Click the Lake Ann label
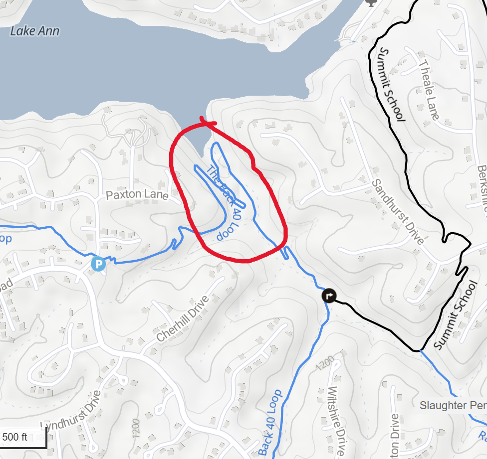pyautogui.click(x=34, y=31)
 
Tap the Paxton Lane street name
pyautogui.click(x=137, y=195)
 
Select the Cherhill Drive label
pyautogui.click(x=182, y=319)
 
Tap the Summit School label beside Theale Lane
pyautogui.click(x=392, y=84)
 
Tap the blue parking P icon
pyautogui.click(x=98, y=264)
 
